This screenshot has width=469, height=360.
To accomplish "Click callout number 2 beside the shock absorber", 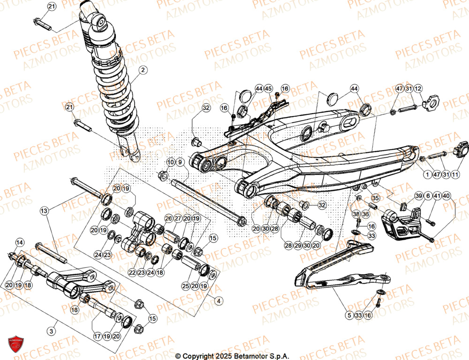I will [143, 70].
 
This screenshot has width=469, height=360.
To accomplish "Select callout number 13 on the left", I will [44, 211].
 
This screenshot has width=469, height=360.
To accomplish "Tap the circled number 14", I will [19, 243].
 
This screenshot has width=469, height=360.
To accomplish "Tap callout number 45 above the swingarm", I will [180, 162].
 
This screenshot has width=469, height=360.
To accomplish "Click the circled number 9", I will [170, 162].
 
